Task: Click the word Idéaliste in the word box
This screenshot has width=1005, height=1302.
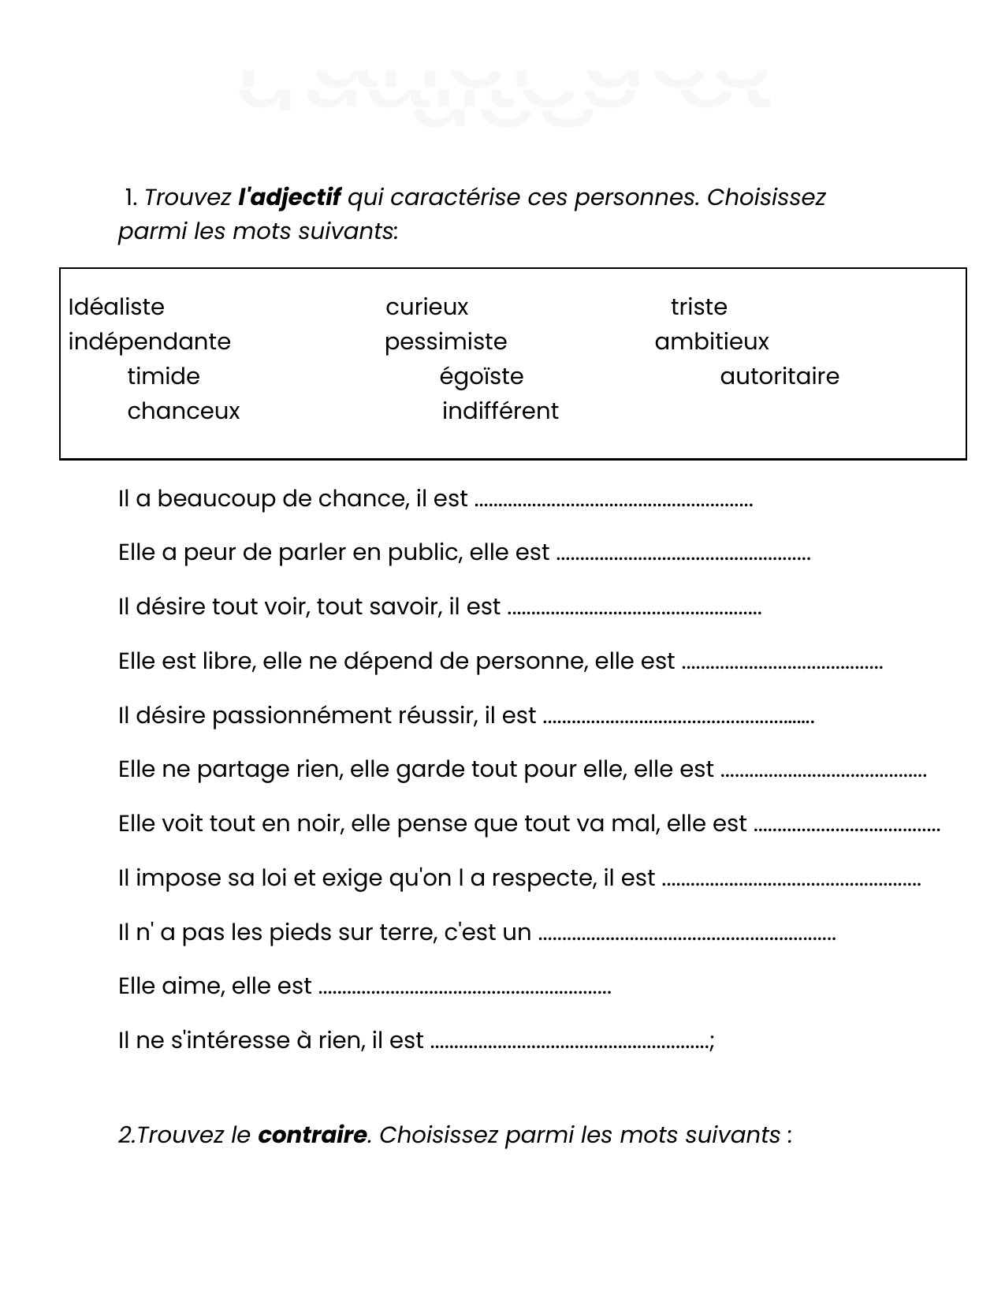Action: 117,307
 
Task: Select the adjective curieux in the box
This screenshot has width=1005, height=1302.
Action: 426,307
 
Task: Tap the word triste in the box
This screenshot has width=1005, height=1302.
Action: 698,307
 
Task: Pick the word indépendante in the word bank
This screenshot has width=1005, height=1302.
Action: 150,341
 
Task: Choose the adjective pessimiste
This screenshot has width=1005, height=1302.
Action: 445,341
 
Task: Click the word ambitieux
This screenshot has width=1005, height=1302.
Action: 711,341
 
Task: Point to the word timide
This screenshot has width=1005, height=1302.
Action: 163,376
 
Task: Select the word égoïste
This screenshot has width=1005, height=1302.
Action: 481,376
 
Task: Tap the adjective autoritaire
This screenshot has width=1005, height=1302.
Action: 779,376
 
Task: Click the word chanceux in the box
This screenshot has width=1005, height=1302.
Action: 183,411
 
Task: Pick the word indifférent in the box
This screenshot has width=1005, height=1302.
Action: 500,411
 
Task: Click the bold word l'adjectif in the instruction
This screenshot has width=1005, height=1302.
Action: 289,197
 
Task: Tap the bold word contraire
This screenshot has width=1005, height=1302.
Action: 312,1135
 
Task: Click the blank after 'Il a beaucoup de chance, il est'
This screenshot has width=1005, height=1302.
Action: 614,501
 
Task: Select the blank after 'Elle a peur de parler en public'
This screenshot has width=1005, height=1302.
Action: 683,554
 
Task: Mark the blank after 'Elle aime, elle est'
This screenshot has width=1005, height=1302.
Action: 464,988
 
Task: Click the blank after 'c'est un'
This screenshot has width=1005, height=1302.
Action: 687,935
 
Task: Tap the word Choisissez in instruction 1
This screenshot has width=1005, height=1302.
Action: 765,197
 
